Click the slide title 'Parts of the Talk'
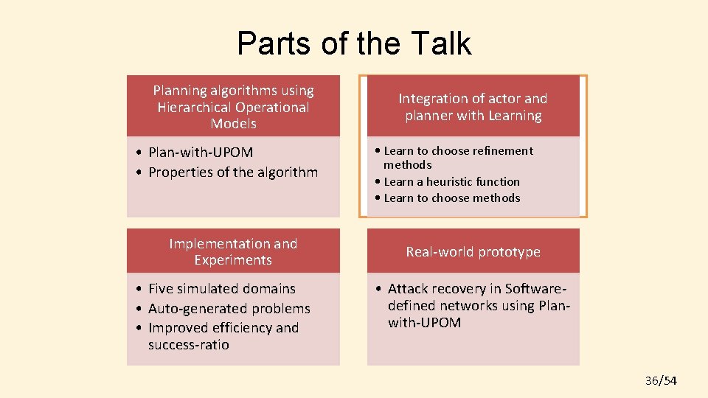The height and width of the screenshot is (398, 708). tap(354, 43)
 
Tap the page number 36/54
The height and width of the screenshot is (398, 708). tap(661, 380)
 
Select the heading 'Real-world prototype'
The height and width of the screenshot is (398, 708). tap(473, 252)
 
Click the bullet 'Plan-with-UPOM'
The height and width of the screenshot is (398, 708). tap(201, 153)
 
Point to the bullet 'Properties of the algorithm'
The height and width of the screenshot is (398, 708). tap(233, 172)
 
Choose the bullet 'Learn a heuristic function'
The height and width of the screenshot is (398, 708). tap(451, 181)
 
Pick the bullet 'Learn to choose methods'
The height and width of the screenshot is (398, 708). tap(451, 198)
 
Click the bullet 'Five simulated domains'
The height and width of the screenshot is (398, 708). tap(221, 289)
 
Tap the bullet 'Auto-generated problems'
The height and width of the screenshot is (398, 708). tap(229, 309)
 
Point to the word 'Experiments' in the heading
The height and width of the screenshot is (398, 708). tap(233, 260)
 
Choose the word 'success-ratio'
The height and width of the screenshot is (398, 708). tap(189, 345)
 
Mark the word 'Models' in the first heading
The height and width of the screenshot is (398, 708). tap(233, 124)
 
